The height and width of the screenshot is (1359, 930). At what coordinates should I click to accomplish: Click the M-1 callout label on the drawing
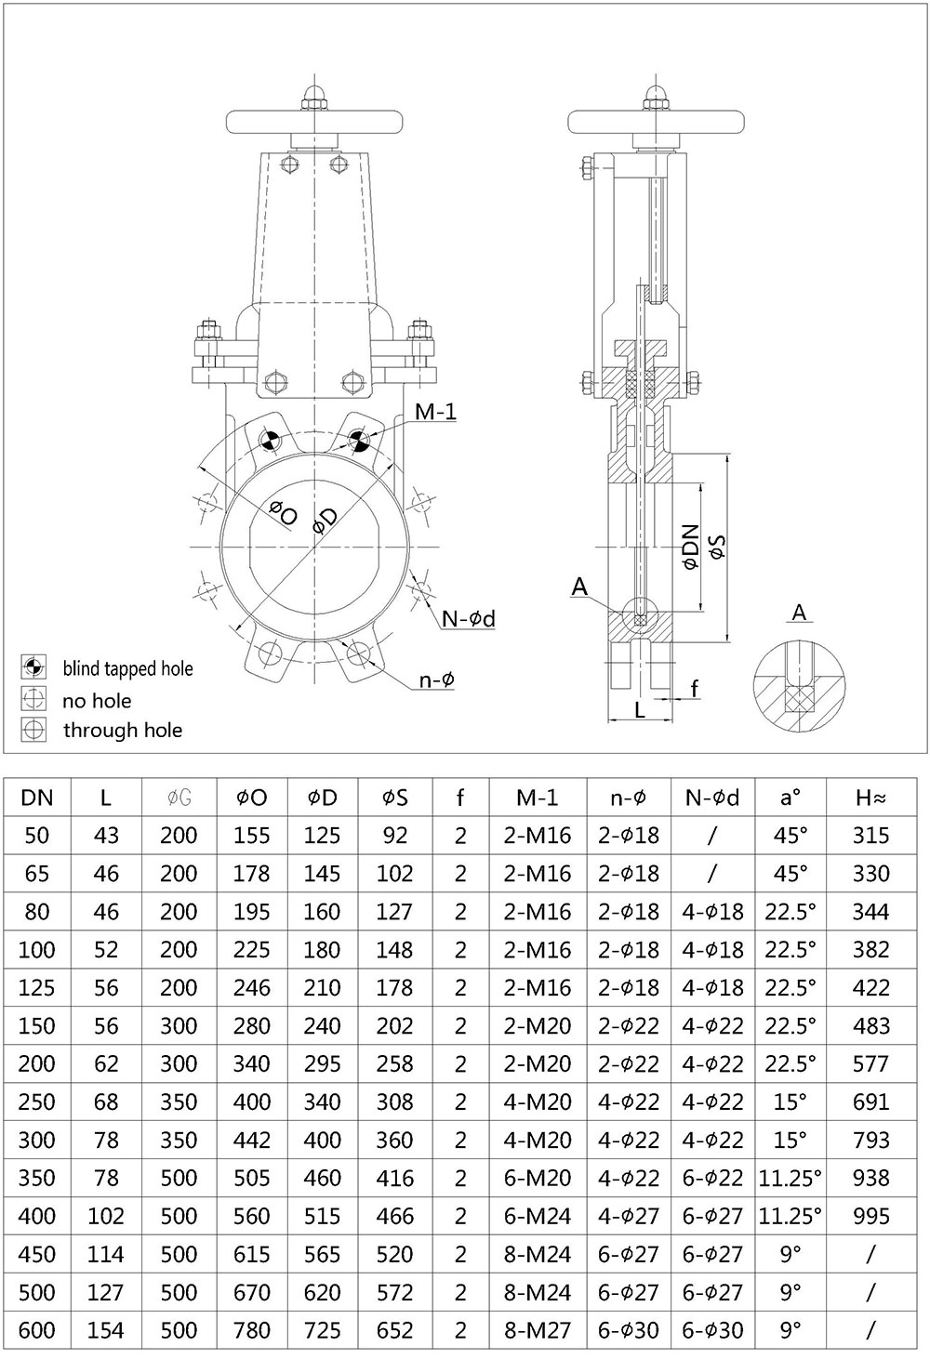pos(435,412)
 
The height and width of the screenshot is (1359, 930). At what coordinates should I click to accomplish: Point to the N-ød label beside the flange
pos(468,619)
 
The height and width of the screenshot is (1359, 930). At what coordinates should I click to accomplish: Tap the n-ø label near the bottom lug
pos(435,680)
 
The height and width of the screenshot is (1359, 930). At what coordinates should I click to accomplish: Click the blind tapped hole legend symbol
pos(33,666)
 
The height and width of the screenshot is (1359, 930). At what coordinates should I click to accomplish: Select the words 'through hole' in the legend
pos(122,731)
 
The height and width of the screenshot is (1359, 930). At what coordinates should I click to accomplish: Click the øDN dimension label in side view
pos(689,546)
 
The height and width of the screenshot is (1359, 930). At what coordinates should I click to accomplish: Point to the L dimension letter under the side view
pos(639,710)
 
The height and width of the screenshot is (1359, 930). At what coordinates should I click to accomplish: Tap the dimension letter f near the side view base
pos(694,689)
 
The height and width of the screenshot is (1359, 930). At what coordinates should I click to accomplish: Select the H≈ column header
pos(870,798)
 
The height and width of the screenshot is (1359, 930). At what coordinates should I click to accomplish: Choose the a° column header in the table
pos(790,798)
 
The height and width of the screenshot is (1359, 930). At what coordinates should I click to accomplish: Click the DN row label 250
pos(37,1102)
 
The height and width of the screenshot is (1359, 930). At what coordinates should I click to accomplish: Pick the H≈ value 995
pos(870,1216)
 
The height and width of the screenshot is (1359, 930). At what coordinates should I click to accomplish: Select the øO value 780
pos(251,1330)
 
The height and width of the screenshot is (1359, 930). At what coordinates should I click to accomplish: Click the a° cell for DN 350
pos(790,1178)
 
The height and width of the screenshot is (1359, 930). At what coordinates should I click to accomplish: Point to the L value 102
pos(106,1216)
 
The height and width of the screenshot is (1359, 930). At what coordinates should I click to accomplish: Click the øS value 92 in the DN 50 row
pos(395,836)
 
